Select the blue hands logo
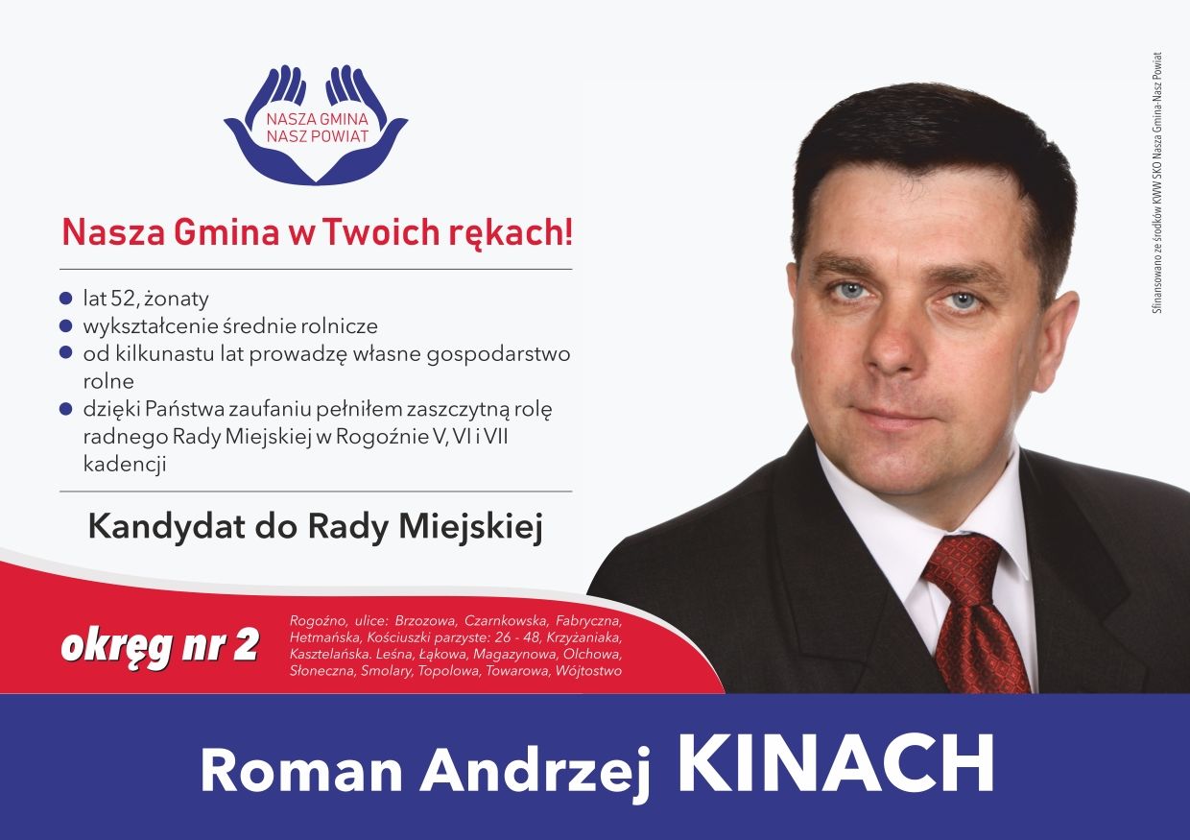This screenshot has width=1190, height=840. tap(316, 125)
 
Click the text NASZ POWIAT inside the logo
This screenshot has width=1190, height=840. tap(317, 136)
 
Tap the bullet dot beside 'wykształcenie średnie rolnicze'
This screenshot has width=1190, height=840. tap(65, 325)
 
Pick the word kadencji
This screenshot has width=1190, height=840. tap(125, 464)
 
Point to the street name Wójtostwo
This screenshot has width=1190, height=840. tap(588, 671)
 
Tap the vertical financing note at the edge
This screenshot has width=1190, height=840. tap(1157, 182)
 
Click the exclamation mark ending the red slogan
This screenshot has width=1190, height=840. tap(568, 232)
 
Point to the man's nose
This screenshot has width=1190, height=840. tap(889, 340)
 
